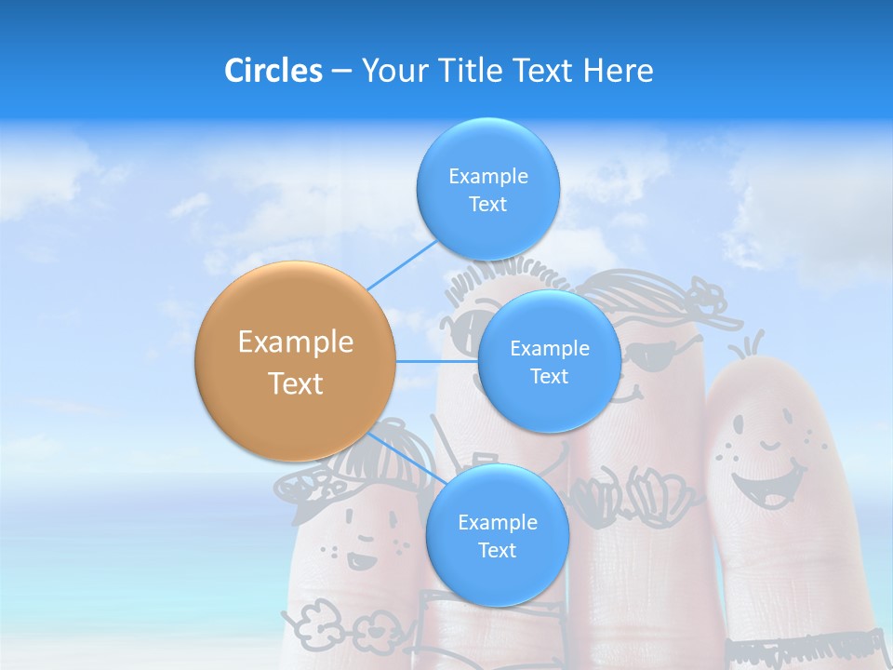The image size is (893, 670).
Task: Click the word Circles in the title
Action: pyautogui.click(x=273, y=71)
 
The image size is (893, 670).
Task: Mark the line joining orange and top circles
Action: pyautogui.click(x=402, y=265)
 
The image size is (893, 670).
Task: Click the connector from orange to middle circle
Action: pyautogui.click(x=435, y=361)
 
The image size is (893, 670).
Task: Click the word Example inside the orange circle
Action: pyautogui.click(x=295, y=342)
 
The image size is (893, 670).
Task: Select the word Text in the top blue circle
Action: pyautogui.click(x=487, y=205)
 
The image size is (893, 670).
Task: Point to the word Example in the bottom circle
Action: pyautogui.click(x=497, y=522)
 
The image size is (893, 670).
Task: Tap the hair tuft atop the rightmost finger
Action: pyautogui.click(x=750, y=346)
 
